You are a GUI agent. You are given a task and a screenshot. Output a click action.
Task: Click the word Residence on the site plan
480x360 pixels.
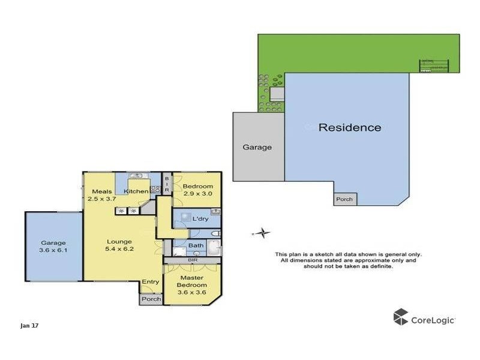[349, 127]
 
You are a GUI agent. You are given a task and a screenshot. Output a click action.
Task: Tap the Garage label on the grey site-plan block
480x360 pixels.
[257, 147]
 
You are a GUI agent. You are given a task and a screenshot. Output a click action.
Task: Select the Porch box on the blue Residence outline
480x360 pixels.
[344, 199]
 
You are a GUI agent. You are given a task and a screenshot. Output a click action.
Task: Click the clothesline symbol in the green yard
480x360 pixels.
[434, 65]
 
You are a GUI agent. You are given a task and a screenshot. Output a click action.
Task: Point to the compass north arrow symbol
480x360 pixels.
[261, 233]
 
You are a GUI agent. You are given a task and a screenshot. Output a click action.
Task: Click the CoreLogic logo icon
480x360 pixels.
[401, 317]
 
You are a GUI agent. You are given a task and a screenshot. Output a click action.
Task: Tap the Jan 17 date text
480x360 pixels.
[29, 326]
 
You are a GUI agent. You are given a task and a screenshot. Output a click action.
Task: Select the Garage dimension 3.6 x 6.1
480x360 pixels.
[53, 250]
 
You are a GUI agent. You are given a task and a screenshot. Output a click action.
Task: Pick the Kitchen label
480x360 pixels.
[136, 191]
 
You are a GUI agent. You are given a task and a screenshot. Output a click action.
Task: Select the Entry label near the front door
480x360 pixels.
[150, 282]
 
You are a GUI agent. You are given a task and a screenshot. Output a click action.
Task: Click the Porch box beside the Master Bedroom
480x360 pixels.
[151, 299]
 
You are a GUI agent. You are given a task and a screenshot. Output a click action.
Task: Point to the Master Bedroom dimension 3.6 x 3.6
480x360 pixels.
[192, 292]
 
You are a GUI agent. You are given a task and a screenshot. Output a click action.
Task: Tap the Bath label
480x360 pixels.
[196, 245]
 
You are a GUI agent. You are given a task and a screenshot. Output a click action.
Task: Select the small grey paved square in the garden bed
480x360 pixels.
[277, 95]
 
